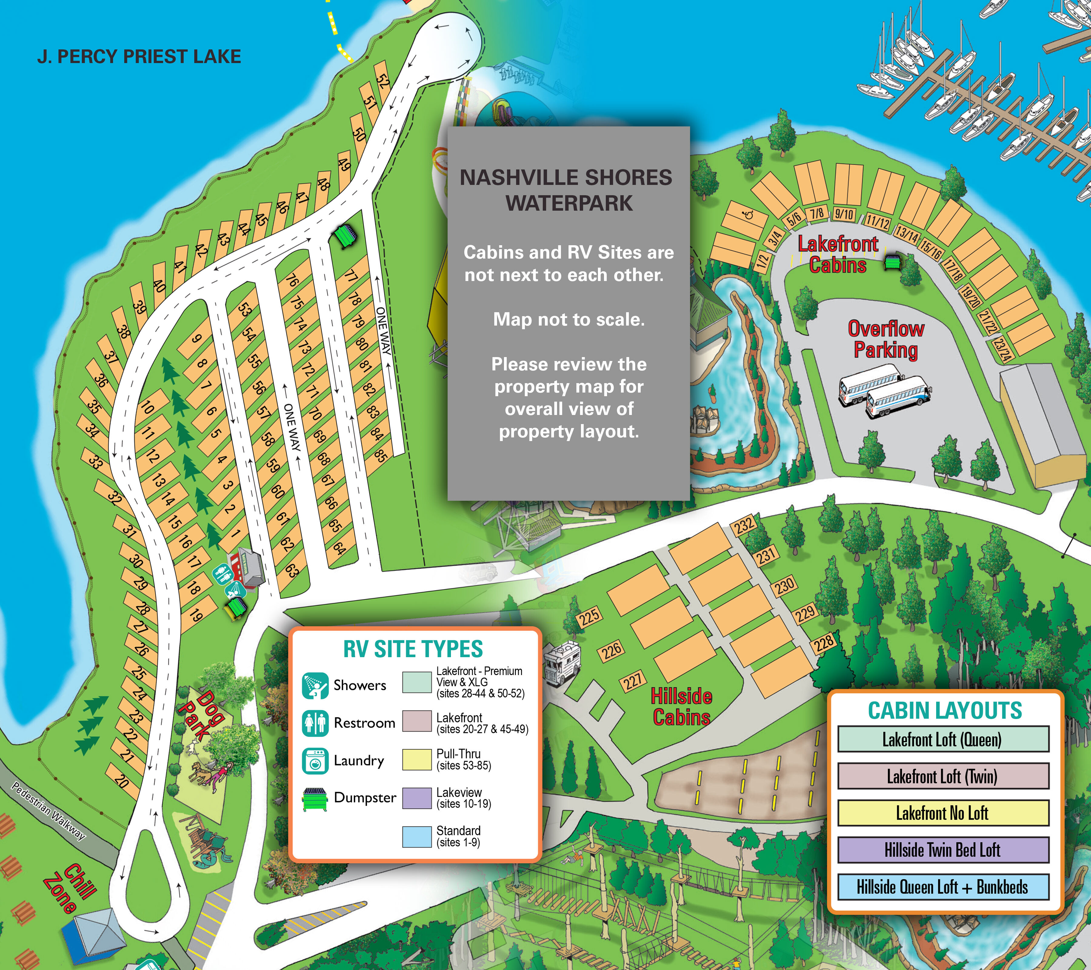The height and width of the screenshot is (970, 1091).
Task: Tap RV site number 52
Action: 383,80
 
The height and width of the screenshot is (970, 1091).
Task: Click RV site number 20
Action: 122,781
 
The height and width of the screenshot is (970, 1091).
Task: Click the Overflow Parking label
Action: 886,339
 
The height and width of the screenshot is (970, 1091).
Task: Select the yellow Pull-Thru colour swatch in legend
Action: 416,759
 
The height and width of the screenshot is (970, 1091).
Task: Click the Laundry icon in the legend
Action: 315,761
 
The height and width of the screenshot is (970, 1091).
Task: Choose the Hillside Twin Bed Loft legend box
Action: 943,850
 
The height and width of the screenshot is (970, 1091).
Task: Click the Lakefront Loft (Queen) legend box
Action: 943,739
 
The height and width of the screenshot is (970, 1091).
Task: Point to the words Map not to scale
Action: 569,319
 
